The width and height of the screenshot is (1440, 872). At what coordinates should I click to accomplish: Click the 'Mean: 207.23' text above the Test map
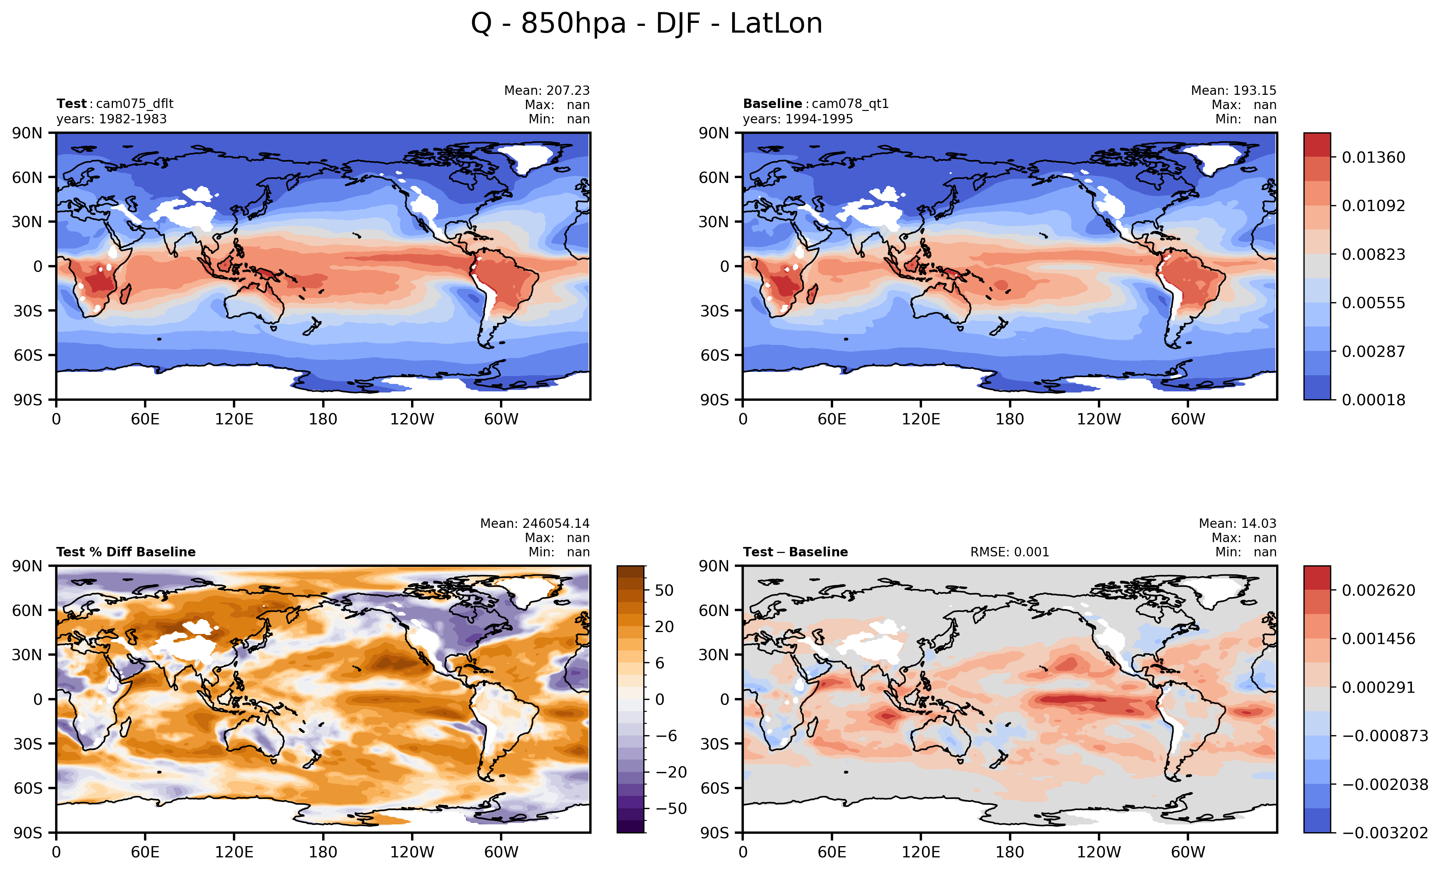click(547, 90)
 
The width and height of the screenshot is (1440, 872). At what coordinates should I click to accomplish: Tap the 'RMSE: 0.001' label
click(1009, 552)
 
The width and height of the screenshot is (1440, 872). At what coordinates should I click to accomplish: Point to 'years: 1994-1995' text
click(798, 119)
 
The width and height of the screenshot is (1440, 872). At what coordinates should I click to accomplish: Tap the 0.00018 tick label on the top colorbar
click(1373, 400)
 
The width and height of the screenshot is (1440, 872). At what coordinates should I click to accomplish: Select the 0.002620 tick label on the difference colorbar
click(1378, 590)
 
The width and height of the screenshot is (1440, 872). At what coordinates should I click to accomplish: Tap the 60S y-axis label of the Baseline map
click(714, 355)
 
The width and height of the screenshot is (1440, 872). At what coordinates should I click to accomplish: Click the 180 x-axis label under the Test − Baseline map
click(1009, 852)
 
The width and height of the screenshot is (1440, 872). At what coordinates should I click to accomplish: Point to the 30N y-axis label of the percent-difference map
click(27, 655)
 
